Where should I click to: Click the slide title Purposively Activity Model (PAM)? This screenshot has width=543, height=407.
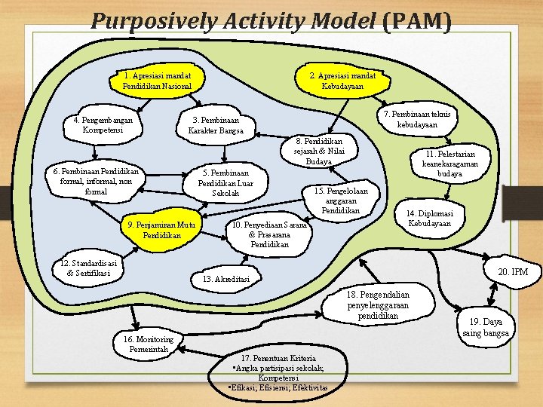tap(271, 21)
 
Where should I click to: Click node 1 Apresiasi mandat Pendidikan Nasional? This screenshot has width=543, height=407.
tap(157, 81)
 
